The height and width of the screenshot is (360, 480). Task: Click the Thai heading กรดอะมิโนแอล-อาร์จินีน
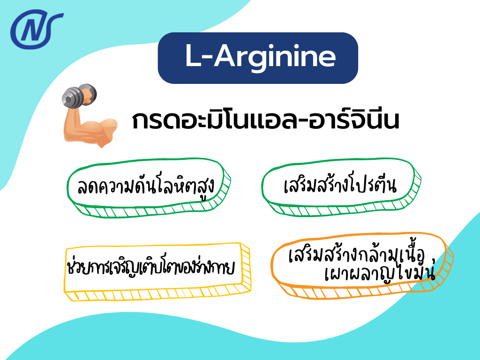tap(265, 121)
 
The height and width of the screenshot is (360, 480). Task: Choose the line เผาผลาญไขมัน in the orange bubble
tap(380, 275)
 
